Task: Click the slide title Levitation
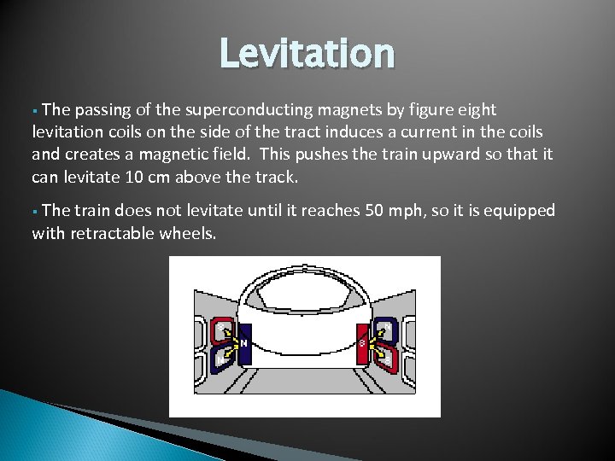click(307, 54)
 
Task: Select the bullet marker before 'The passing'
click(35, 111)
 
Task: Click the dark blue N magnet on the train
click(244, 344)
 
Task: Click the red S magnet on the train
click(361, 344)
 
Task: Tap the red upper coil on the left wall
click(225, 330)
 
